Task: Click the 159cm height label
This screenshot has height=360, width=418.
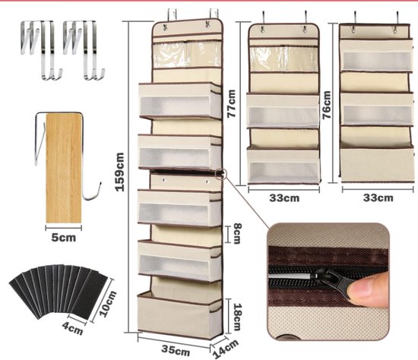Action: click(x=119, y=172)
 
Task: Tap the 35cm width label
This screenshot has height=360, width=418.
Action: click(x=176, y=350)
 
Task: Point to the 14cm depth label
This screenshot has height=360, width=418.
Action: click(x=226, y=349)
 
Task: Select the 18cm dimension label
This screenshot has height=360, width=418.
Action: click(x=237, y=317)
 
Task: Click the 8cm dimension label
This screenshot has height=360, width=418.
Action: click(x=237, y=233)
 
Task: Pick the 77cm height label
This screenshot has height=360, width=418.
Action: click(x=231, y=103)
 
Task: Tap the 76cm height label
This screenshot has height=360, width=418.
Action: click(x=327, y=105)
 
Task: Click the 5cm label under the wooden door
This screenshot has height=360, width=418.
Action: click(x=63, y=238)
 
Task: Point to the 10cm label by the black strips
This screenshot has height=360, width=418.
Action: click(x=108, y=304)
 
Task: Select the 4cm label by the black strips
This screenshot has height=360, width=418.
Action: click(x=72, y=328)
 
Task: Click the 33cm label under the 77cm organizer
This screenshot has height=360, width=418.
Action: click(x=284, y=198)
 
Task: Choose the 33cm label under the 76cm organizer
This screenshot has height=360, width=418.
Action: click(x=378, y=197)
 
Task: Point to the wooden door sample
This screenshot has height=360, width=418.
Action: click(x=64, y=168)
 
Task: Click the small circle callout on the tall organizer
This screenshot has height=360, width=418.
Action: click(x=220, y=174)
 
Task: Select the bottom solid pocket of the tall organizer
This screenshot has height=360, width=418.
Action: click(x=180, y=315)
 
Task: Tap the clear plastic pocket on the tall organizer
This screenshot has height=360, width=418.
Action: click(x=188, y=55)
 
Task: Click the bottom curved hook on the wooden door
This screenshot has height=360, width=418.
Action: click(x=91, y=193)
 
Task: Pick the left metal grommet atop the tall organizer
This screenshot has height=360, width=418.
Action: click(x=165, y=27)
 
